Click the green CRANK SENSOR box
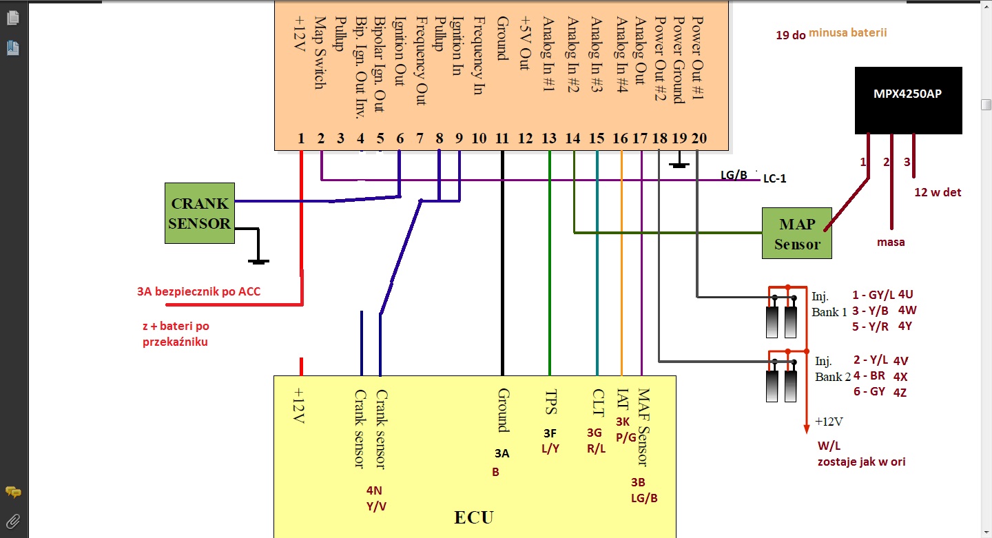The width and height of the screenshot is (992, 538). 200,213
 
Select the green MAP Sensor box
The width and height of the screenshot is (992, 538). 796,234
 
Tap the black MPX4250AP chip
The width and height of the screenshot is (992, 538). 908,100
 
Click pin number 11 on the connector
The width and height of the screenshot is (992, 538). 502,139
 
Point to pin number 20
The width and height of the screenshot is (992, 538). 699,139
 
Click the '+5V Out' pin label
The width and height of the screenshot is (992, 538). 526,45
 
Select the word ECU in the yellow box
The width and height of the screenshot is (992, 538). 474,517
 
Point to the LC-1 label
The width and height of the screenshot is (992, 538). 774,178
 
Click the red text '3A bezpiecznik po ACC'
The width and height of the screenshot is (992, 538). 198,292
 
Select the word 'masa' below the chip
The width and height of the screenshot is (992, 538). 891,242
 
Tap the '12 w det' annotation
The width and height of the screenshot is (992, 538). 938,192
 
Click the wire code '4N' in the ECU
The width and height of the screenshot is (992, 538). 374,491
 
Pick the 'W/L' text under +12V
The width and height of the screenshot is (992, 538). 829,446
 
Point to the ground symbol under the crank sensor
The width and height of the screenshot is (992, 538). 258,260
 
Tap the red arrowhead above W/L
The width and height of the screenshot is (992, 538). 806,429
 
